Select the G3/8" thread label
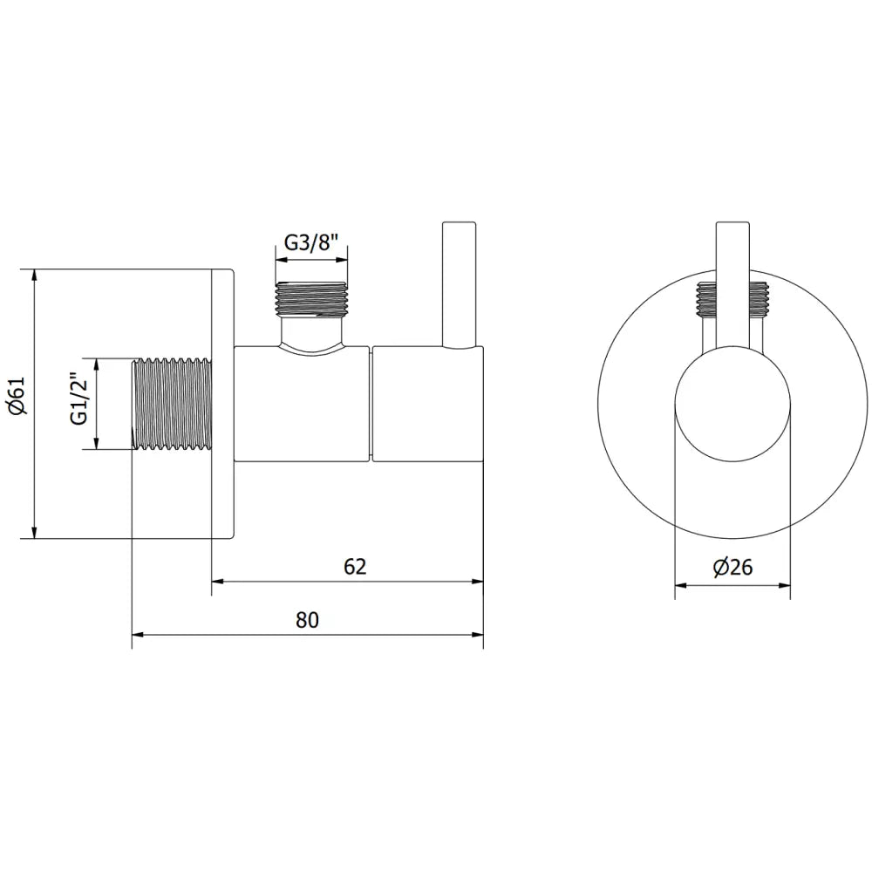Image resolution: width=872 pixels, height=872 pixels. click(x=311, y=242)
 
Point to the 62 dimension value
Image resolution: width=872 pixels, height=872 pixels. click(x=354, y=566)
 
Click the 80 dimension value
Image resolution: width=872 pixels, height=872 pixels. click(x=307, y=620)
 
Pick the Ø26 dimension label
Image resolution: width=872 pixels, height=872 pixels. click(x=732, y=568)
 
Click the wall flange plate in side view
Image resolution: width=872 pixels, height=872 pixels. click(x=222, y=404)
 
